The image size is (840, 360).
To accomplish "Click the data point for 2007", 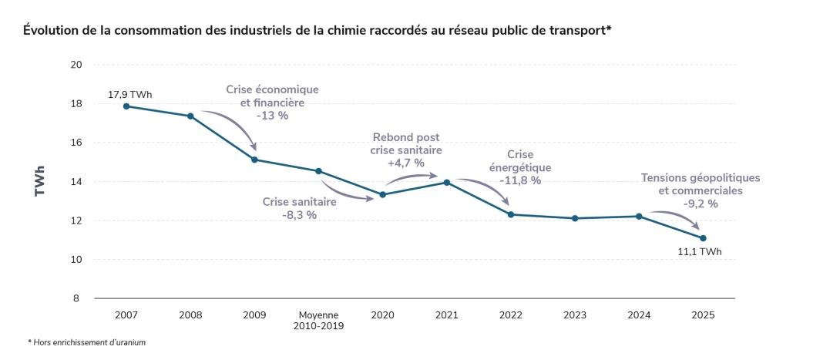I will [126, 106].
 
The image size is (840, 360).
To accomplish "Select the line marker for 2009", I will [254, 160].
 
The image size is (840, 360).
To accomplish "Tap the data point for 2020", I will [382, 195].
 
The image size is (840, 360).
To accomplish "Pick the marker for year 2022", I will [511, 214].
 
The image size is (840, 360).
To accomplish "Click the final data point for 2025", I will [703, 238].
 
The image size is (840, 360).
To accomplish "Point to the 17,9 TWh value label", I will [129, 95].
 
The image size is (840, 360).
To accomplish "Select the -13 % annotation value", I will [272, 115].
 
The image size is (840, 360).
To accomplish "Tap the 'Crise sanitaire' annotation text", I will [300, 202].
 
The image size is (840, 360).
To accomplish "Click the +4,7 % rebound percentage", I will [406, 163].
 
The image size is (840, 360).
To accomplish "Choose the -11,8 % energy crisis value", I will [520, 180].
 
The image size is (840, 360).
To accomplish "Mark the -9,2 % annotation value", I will [701, 204].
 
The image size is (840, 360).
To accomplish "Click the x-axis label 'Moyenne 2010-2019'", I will [318, 320].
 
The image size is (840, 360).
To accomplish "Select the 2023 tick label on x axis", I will [575, 315].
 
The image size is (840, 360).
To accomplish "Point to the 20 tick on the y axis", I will [76, 65].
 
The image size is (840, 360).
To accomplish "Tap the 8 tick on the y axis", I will [76, 298].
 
